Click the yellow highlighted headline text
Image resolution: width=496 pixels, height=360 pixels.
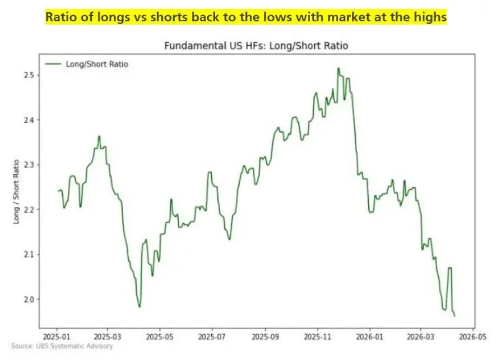pyautogui.click(x=246, y=18)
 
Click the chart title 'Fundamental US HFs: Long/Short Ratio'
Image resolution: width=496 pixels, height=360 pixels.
pyautogui.click(x=256, y=46)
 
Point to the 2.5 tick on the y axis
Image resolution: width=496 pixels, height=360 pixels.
pyautogui.click(x=28, y=75)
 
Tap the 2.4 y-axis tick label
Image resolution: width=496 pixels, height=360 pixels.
pyautogui.click(x=28, y=120)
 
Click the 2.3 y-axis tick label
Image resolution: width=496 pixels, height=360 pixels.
pyautogui.click(x=28, y=165)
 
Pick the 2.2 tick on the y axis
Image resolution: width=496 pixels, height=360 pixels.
pyautogui.click(x=28, y=209)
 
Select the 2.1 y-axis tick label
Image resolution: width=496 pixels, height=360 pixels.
pyautogui.click(x=28, y=254)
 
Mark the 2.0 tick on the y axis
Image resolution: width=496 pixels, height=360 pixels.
pyautogui.click(x=28, y=299)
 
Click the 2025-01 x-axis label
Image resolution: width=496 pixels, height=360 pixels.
pyautogui.click(x=57, y=338)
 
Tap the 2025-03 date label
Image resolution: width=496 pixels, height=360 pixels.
pyautogui.click(x=107, y=338)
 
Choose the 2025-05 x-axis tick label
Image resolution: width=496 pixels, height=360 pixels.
pyautogui.click(x=160, y=338)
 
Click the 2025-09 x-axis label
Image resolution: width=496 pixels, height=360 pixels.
pyautogui.click(x=265, y=338)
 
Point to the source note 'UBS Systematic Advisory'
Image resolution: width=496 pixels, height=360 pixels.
pyautogui.click(x=62, y=347)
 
